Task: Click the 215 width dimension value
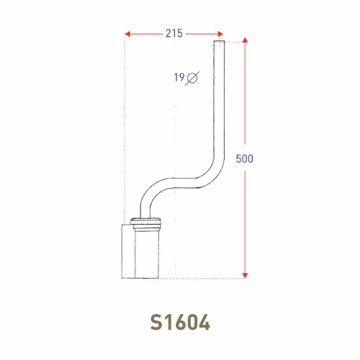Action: (x=174, y=33)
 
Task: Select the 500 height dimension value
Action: (x=245, y=158)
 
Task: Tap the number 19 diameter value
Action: (x=178, y=77)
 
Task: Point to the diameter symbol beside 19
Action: (x=192, y=78)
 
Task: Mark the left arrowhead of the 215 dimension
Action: (x=127, y=33)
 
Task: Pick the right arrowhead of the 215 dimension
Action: (x=220, y=33)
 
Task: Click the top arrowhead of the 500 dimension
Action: (x=245, y=42)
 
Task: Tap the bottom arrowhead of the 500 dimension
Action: (x=245, y=274)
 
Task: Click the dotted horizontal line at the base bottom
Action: (x=209, y=277)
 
